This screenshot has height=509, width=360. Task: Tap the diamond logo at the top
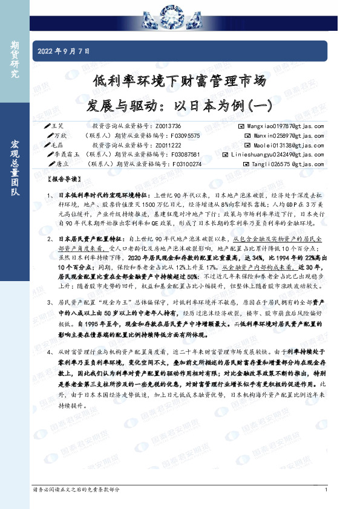(x=180, y=10)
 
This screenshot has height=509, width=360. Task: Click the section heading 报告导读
(x=62, y=180)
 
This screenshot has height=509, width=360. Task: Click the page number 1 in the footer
(x=326, y=490)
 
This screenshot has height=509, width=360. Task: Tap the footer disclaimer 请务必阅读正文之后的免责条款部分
(x=76, y=490)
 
